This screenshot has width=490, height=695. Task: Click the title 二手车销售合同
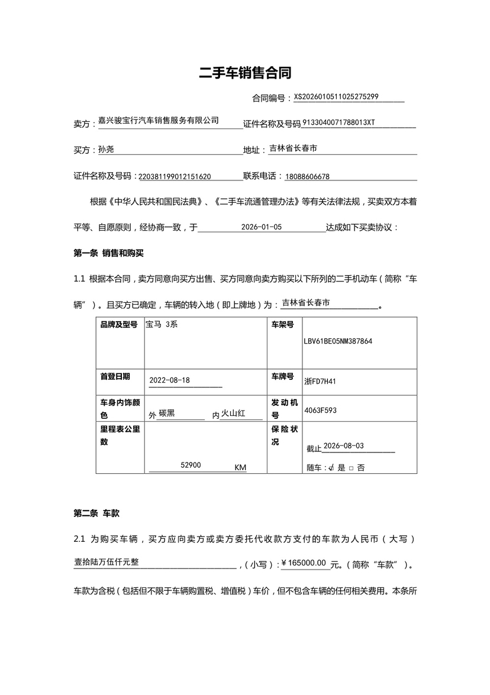[245, 73]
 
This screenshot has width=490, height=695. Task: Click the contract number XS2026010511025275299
[336, 96]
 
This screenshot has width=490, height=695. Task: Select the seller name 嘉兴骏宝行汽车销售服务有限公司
[158, 120]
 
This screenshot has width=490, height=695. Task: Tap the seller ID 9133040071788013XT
[339, 123]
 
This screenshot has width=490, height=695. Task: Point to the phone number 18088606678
[307, 176]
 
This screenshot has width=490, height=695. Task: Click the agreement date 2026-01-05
[262, 227]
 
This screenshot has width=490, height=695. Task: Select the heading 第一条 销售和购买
[109, 253]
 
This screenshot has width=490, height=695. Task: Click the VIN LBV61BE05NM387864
[338, 341]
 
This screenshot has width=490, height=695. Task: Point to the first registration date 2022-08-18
[170, 380]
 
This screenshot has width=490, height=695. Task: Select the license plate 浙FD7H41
[320, 382]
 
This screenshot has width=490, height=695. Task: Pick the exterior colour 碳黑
[167, 413]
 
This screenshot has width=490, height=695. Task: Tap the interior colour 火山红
[233, 413]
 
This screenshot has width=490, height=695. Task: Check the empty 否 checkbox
[351, 468]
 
